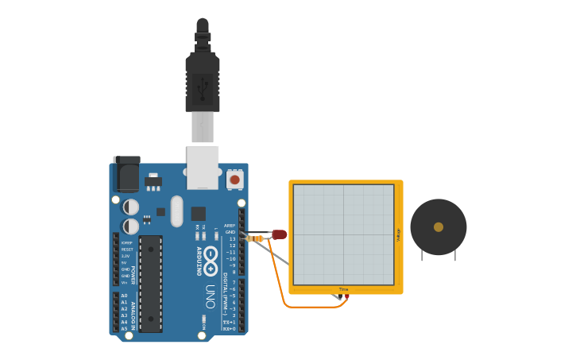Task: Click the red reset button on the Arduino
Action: pyautogui.click(x=234, y=180)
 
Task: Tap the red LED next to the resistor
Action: pyautogui.click(x=280, y=234)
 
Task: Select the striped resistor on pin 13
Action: pyautogui.click(x=255, y=238)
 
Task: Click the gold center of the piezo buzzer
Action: pyautogui.click(x=439, y=227)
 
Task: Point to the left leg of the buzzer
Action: pyautogui.click(x=423, y=254)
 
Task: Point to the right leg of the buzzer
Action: pyautogui.click(x=454, y=254)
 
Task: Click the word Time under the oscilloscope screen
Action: pyautogui.click(x=343, y=289)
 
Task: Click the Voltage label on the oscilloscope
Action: pyautogui.click(x=398, y=234)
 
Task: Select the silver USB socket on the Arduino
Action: pyautogui.click(x=203, y=166)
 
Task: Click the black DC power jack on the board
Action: pyautogui.click(x=126, y=172)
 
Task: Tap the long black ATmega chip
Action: pyautogui.click(x=150, y=282)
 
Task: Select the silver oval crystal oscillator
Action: pyautogui.click(x=176, y=211)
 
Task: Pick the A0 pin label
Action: pyautogui.click(x=124, y=296)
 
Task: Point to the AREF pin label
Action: pyautogui.click(x=230, y=225)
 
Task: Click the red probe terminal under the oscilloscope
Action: pyautogui.click(x=346, y=296)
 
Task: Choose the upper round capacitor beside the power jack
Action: pyautogui.click(x=131, y=207)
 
